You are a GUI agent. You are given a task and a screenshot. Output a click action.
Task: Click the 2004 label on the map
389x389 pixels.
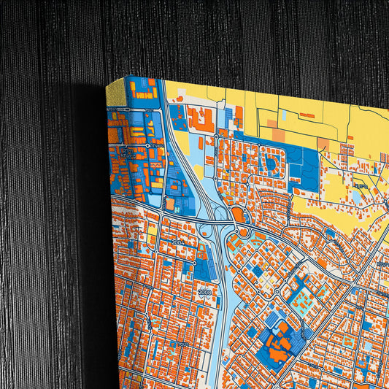pyautogui.click(x=178, y=242)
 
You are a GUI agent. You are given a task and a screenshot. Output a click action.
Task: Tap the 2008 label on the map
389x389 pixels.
pyautogui.click(x=204, y=291)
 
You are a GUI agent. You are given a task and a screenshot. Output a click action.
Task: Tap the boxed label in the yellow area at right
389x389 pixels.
pyautogui.click(x=359, y=188)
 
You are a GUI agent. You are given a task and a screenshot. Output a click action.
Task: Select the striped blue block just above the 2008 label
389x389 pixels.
pyautogui.click(x=201, y=270)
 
